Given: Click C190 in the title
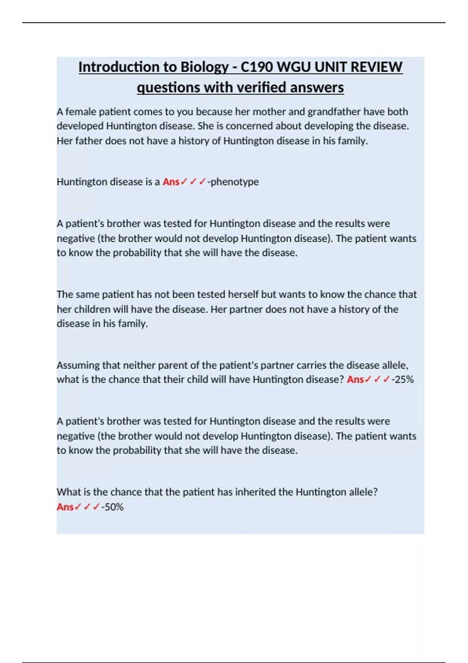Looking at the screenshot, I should [x=256, y=67].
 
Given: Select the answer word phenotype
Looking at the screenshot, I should [x=234, y=182].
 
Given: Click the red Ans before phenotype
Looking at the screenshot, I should [x=171, y=182].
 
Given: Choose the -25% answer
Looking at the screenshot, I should [x=403, y=379].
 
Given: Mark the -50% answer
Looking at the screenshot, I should [x=113, y=507].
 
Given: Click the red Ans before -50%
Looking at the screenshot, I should [x=65, y=507].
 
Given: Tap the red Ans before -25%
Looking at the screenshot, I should [x=355, y=379].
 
